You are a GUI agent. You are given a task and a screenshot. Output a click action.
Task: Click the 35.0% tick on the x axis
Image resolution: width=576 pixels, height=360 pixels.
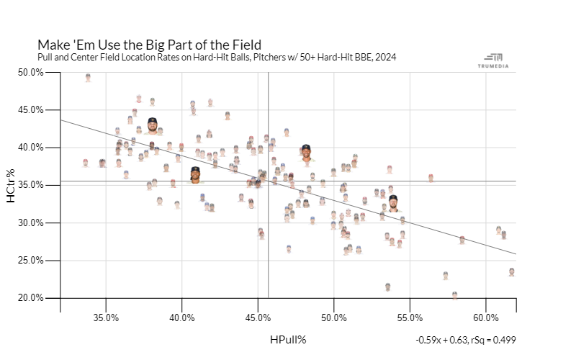[106, 318]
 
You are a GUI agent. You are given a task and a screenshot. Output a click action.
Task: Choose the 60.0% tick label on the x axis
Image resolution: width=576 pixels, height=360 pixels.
[486, 318]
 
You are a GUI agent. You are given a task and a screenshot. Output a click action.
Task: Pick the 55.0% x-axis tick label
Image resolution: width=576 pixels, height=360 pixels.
[410, 318]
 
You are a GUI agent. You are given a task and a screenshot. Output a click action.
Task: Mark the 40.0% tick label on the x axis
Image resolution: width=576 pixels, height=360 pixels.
[181, 318]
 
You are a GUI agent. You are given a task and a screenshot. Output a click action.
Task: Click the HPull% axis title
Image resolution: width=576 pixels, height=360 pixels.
[289, 339]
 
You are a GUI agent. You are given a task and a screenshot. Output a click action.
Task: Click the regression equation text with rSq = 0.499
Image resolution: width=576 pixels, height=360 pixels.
[465, 340]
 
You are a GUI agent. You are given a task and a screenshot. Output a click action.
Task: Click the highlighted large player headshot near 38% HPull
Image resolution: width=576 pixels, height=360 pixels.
[152, 126]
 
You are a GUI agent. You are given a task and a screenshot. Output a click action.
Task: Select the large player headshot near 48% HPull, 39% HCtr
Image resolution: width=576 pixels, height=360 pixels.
[306, 153]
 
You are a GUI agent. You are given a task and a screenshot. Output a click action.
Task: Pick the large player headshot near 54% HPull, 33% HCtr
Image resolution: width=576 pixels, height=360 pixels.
[392, 203]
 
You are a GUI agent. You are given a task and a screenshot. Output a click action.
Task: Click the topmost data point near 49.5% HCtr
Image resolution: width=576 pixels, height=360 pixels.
[88, 77]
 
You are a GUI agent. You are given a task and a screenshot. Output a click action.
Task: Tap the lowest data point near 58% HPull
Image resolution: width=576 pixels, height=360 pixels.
[454, 295]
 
